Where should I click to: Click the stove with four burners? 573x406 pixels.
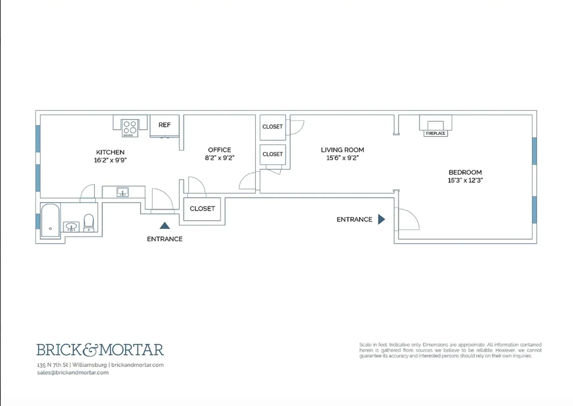click(130, 128)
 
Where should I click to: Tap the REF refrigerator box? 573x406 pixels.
click(164, 125)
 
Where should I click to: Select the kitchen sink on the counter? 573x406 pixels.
click(123, 192)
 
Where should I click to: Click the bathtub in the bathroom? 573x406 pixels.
click(50, 220)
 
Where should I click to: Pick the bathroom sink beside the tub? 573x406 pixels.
click(71, 226)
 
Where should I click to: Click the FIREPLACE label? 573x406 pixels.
click(436, 133)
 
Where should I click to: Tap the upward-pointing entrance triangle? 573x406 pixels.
click(165, 226)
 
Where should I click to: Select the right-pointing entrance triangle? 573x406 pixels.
click(381, 219)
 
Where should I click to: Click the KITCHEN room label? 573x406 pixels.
click(110, 152)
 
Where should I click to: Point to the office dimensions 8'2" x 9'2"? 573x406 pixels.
click(219, 158)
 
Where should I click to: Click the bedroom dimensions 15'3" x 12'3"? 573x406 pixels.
click(465, 180)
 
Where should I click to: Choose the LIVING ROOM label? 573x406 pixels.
click(342, 150)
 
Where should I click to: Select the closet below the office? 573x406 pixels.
click(202, 209)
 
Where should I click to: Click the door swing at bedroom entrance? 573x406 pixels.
click(409, 219)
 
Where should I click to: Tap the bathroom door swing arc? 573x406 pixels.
click(87, 191)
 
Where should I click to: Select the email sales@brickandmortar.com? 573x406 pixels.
click(73, 372)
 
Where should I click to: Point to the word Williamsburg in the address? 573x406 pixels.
click(89, 365)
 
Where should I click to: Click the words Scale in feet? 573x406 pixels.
click(373, 345)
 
